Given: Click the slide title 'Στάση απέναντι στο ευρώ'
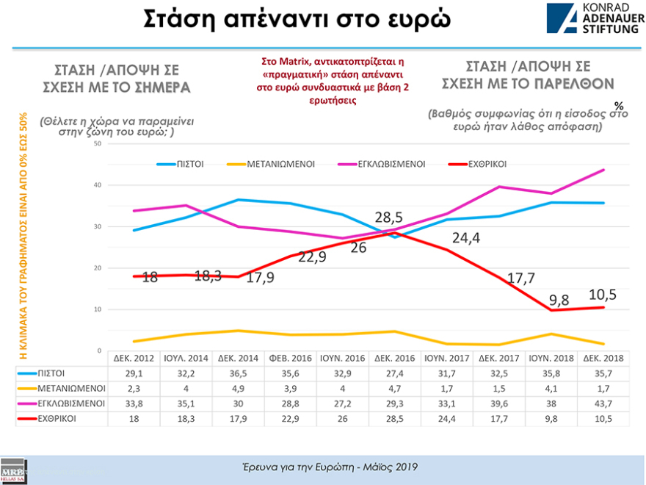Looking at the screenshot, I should (x=296, y=21).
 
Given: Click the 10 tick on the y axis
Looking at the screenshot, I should (x=98, y=309).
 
